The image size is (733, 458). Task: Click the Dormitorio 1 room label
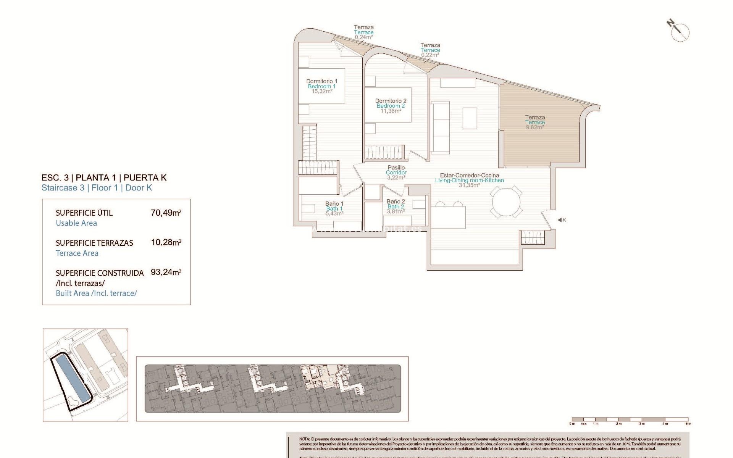(x=321, y=81)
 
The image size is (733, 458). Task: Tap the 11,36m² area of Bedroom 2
(x=391, y=111)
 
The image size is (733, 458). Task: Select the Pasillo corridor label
(x=396, y=168)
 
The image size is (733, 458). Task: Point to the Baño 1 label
(x=334, y=204)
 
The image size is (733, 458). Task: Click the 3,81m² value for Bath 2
(x=396, y=211)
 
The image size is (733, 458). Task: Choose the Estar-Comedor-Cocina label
(x=469, y=176)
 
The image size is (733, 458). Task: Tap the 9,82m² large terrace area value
(x=534, y=127)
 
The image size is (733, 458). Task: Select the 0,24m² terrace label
(x=363, y=37)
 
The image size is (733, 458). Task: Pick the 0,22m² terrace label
(x=430, y=55)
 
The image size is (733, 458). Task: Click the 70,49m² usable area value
(x=166, y=213)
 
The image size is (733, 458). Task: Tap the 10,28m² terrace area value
(x=166, y=242)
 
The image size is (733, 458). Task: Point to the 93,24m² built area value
(x=166, y=273)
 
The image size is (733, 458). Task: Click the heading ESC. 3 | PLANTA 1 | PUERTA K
(x=104, y=177)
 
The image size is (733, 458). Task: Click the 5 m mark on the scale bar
(x=688, y=423)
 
